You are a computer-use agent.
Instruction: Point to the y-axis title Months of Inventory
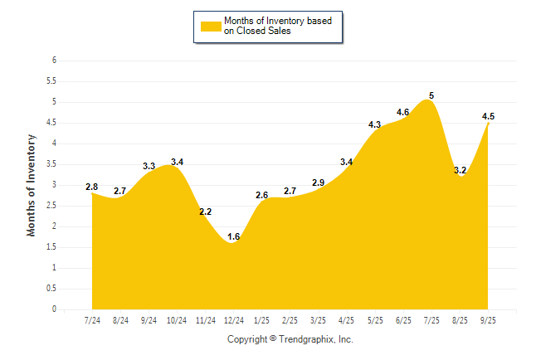tap(32, 185)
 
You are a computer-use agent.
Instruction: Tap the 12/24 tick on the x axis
tap(233, 320)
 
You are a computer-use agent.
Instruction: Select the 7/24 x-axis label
tap(92, 320)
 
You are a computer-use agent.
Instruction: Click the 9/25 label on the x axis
tap(489, 320)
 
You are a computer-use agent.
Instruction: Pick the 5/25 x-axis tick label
tap(375, 320)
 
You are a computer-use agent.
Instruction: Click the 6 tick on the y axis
tap(54, 61)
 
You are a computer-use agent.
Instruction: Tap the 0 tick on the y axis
tap(54, 309)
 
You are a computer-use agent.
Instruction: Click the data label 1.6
tap(233, 237)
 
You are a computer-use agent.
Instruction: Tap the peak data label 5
tap(431, 95)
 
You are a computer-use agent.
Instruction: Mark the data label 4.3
tap(374, 124)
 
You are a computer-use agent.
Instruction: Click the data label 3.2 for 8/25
tap(460, 170)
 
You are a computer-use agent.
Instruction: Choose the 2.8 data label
tap(92, 187)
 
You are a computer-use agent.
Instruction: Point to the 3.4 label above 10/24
tap(177, 162)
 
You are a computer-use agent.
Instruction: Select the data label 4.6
tap(403, 112)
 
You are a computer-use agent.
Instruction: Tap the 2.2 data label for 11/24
tap(205, 212)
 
